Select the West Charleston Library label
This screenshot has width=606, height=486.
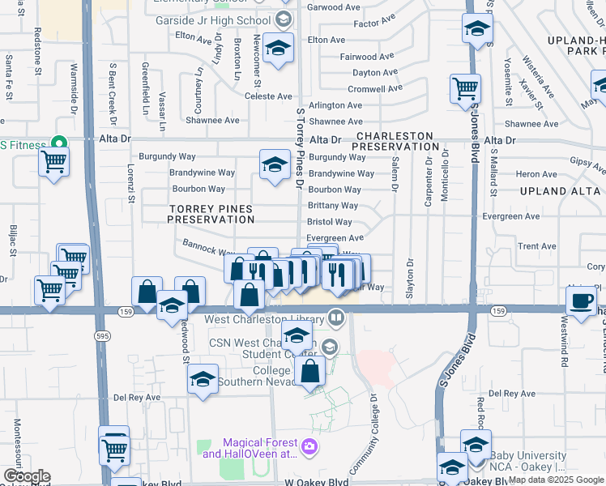click(x=270, y=320)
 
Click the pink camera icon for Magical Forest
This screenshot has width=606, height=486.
click(x=309, y=446)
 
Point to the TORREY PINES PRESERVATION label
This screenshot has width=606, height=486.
click(x=211, y=215)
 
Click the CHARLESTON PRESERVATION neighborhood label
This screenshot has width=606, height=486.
click(x=396, y=142)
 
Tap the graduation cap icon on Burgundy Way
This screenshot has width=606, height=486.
click(x=275, y=164)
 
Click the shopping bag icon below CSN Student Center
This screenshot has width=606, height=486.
click(x=310, y=372)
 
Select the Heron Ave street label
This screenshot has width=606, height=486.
click(x=536, y=174)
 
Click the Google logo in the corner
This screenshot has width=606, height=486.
click(x=27, y=476)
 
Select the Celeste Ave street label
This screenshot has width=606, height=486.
click(x=267, y=96)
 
